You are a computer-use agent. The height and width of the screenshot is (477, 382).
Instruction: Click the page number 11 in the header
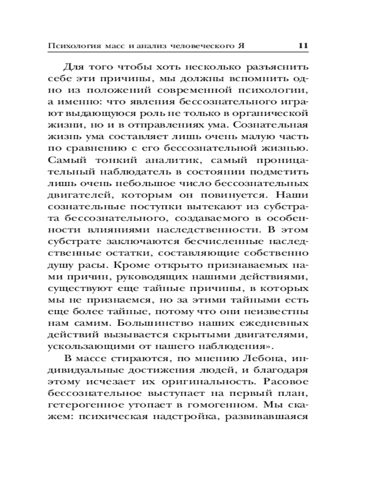[x=304, y=46]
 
